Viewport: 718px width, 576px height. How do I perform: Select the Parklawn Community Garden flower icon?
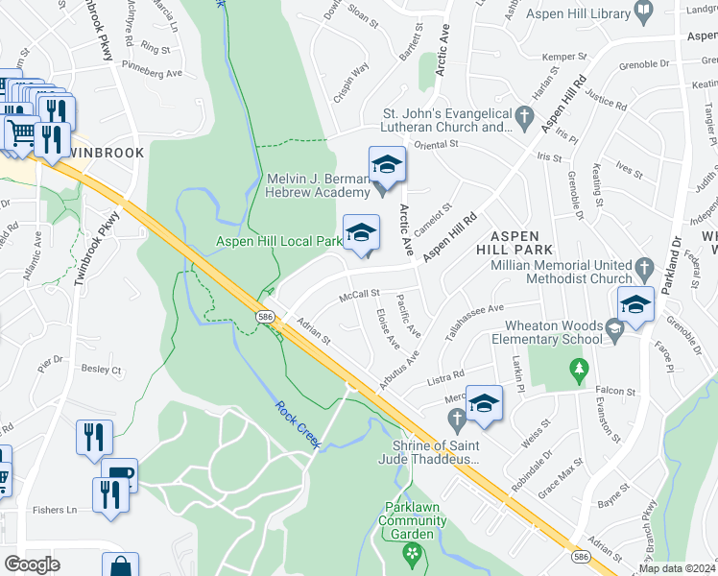pos(414,553)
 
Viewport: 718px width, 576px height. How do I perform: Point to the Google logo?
pos(31,564)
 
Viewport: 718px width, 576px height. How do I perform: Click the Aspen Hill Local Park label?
pos(278,241)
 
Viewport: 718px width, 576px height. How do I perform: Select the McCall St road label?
pos(360,296)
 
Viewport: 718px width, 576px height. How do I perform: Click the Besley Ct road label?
pos(102,369)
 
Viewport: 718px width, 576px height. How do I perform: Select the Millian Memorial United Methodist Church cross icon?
pos(642,266)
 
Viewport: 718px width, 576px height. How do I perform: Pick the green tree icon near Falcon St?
pos(578,368)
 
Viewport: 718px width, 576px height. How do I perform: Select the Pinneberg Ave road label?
pos(154,72)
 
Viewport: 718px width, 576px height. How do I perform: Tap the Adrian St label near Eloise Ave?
pos(313,332)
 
